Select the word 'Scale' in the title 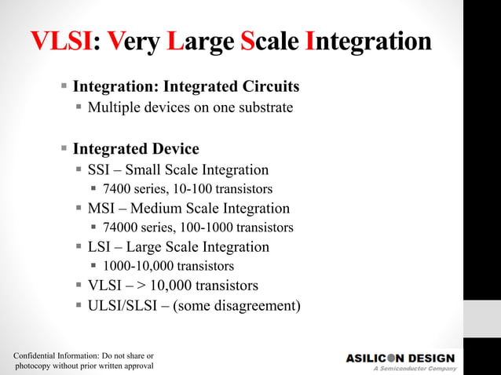click(x=269, y=42)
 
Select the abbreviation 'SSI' click(x=99, y=170)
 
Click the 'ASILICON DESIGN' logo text click(x=400, y=358)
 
